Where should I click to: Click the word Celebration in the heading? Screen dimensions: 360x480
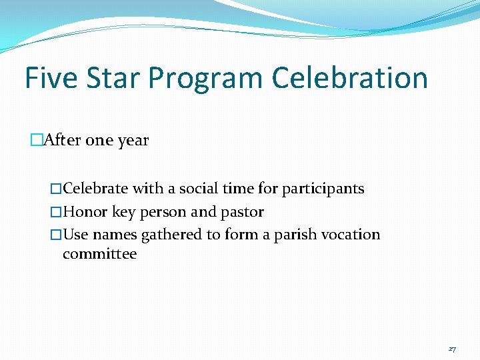coord(349,78)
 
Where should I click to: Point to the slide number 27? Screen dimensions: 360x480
coord(452,349)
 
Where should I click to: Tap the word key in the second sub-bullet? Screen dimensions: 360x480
coord(124,213)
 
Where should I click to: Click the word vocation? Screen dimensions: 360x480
coord(354,235)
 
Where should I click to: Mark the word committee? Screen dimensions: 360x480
coord(99,254)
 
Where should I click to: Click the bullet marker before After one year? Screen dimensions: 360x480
coord(36,141)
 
